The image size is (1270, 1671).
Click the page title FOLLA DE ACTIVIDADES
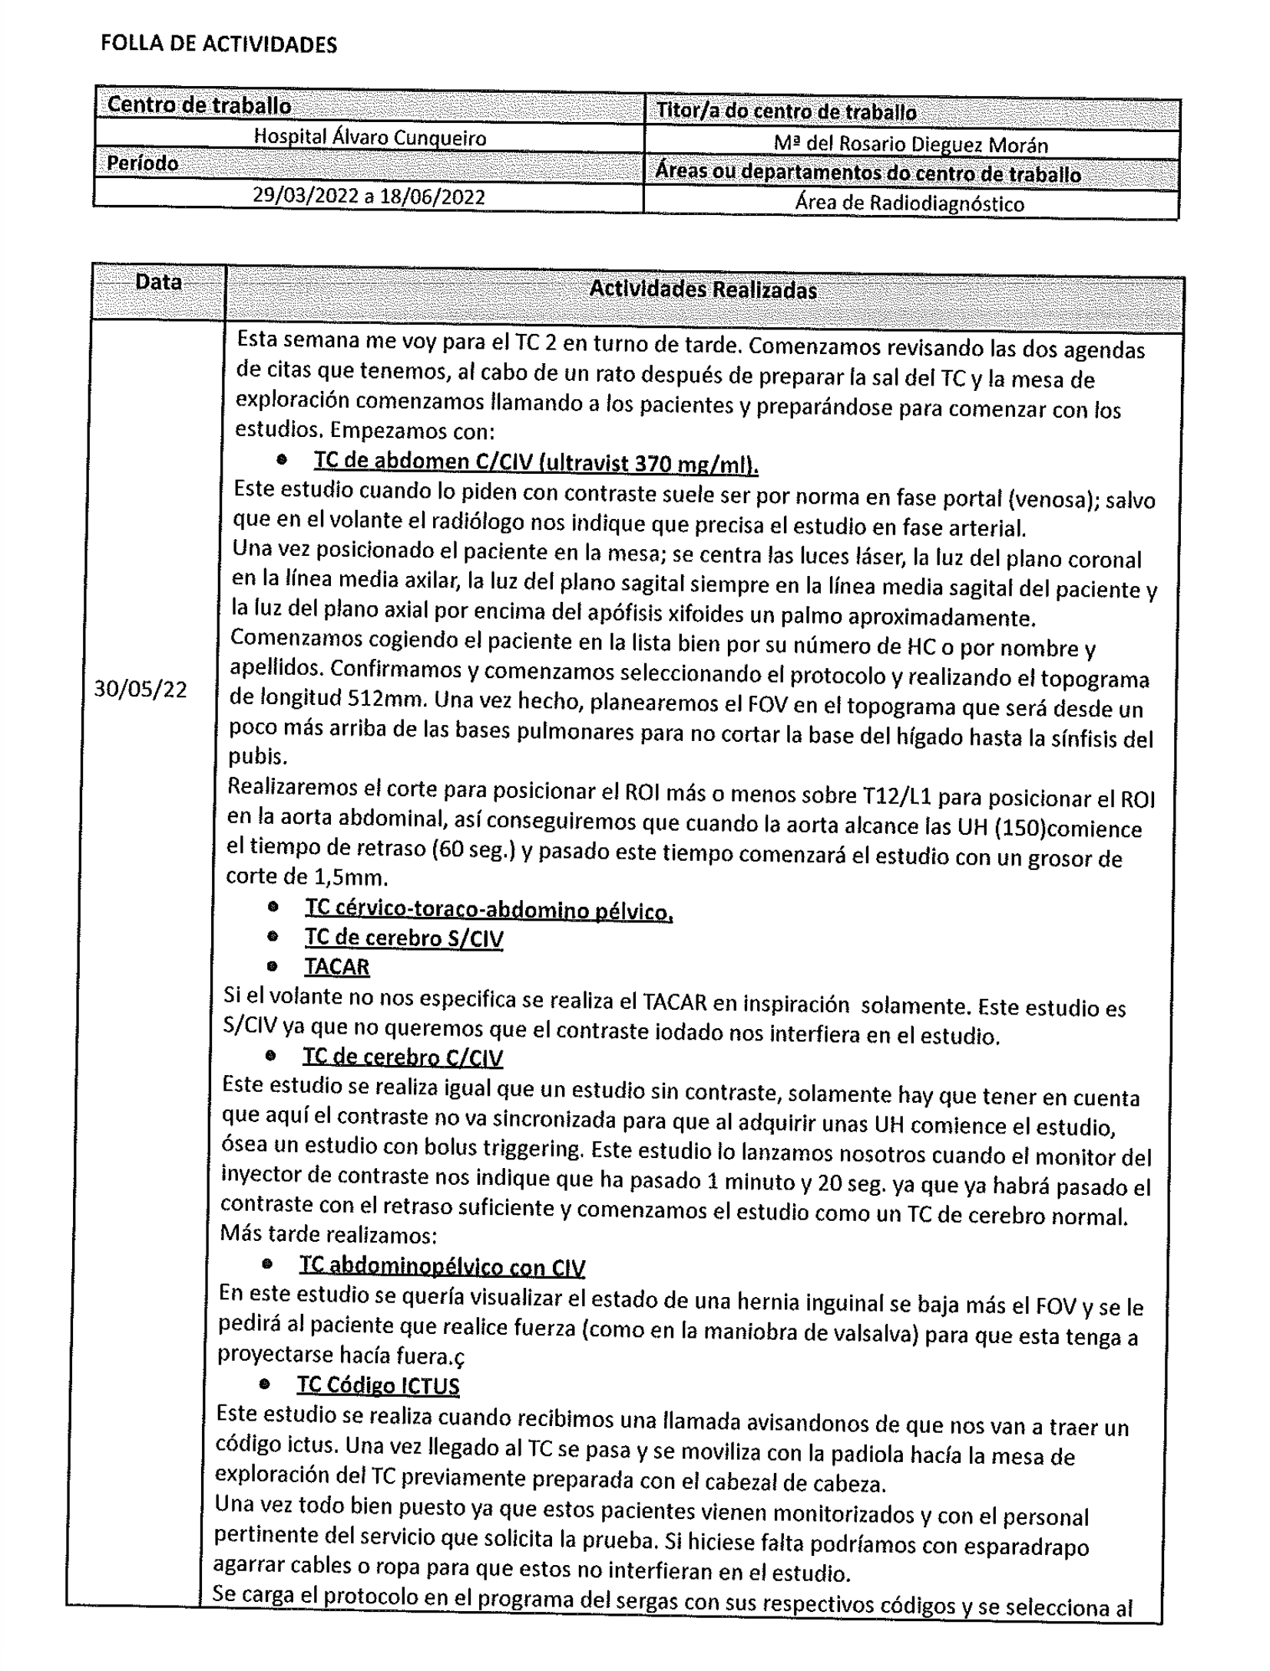pos(219,45)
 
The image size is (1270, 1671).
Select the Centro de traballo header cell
pos(200,105)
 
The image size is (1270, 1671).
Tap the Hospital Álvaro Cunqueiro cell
pos(369,137)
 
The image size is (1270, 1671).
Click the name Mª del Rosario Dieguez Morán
pos(911,144)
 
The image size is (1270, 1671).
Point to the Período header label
pos(143,164)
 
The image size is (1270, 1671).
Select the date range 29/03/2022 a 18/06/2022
pos(369,197)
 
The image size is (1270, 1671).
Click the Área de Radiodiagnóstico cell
pos(909,203)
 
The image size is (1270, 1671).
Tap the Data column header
pos(158,283)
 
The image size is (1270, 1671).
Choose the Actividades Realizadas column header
pos(703,290)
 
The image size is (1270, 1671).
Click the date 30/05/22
pos(141,689)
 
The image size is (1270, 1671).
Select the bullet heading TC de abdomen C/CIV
pos(535,462)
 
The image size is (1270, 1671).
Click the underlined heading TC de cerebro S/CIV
pos(404,938)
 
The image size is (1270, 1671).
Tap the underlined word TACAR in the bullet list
pos(336,966)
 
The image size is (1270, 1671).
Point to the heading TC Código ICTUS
pos(378,1385)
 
